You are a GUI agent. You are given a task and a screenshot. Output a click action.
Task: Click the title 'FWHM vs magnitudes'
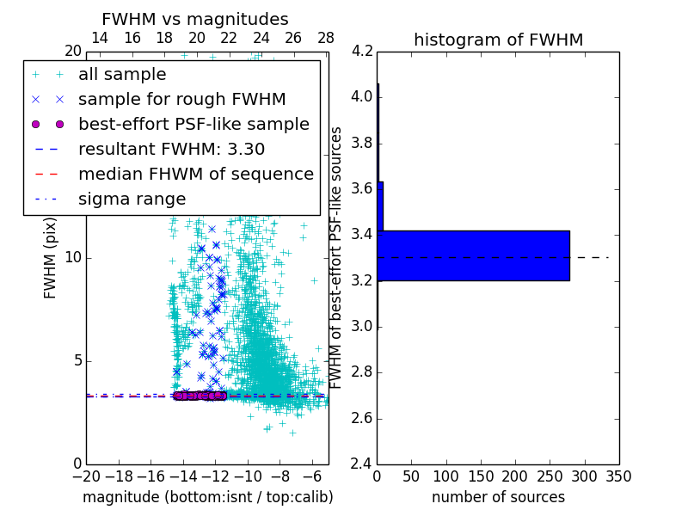pyautogui.click(x=195, y=19)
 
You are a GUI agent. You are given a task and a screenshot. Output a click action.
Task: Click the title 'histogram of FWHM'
pyautogui.click(x=498, y=40)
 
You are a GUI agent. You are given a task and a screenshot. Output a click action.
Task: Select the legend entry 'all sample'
pyautogui.click(x=122, y=75)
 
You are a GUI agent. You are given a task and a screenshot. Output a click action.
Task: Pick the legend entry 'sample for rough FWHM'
pyautogui.click(x=181, y=99)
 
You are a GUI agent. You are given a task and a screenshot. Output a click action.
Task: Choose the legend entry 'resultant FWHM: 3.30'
pyautogui.click(x=171, y=149)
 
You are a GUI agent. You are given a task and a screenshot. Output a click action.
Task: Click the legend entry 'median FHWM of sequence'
pyautogui.click(x=195, y=174)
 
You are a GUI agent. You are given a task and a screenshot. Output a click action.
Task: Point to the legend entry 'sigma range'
pyautogui.click(x=132, y=199)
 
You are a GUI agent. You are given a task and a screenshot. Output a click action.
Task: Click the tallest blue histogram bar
pyautogui.click(x=473, y=255)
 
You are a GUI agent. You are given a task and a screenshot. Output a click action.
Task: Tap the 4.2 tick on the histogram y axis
pyautogui.click(x=362, y=51)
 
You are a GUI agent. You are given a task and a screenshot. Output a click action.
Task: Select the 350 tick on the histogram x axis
pyautogui.click(x=619, y=476)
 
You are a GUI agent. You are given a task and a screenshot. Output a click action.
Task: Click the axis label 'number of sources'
pyautogui.click(x=498, y=497)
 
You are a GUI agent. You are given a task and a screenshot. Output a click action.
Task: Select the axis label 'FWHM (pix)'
pyautogui.click(x=51, y=257)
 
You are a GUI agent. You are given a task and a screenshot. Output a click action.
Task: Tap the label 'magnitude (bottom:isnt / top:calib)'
pyautogui.click(x=207, y=497)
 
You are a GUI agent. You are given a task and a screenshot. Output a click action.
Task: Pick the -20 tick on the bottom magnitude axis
pyautogui.click(x=86, y=476)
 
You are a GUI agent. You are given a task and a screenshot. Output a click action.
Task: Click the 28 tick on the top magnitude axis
pyautogui.click(x=326, y=38)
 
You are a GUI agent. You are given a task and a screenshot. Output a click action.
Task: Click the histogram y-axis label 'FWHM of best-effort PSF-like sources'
pyautogui.click(x=337, y=257)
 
